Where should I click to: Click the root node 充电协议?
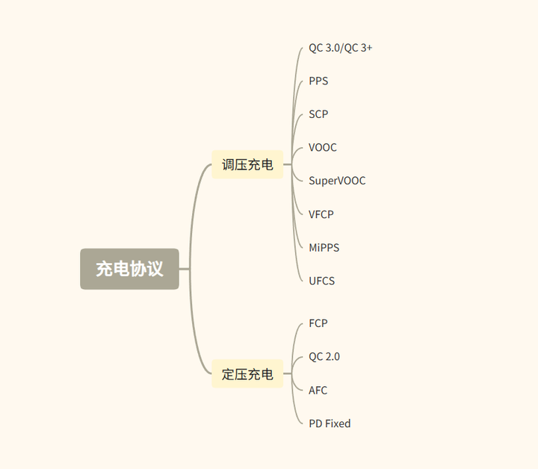click(x=129, y=269)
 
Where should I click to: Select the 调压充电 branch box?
click(x=247, y=164)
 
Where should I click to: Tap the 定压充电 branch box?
click(x=247, y=373)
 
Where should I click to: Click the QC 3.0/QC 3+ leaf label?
click(x=340, y=48)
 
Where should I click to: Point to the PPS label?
click(x=318, y=81)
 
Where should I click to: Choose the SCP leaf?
click(x=318, y=114)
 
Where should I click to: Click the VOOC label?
click(x=323, y=147)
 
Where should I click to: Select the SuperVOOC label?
click(x=337, y=181)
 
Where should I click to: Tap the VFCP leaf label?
click(x=321, y=214)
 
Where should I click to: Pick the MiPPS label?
click(x=324, y=247)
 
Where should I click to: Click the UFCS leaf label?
click(x=321, y=281)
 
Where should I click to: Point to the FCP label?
click(x=318, y=323)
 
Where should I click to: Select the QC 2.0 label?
click(x=324, y=356)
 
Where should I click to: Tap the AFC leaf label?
click(x=318, y=390)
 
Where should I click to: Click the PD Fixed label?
click(x=330, y=423)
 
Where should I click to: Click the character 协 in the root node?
click(x=138, y=269)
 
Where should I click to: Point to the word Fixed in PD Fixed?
click(x=338, y=423)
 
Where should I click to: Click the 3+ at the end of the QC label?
click(x=365, y=48)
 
